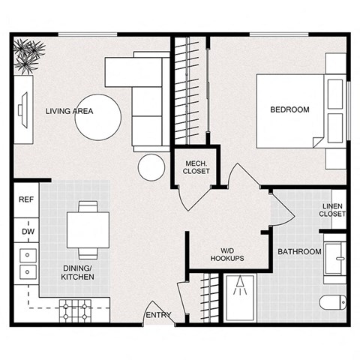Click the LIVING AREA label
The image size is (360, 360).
(68, 111)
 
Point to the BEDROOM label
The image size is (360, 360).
(289, 110)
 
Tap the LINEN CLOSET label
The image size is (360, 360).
(332, 210)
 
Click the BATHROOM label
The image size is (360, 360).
(299, 251)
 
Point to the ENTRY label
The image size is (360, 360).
(158, 315)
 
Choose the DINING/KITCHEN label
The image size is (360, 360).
(77, 271)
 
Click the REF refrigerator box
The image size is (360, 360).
(26, 199)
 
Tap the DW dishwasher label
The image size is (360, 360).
(27, 232)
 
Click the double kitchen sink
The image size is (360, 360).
(28, 263)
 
